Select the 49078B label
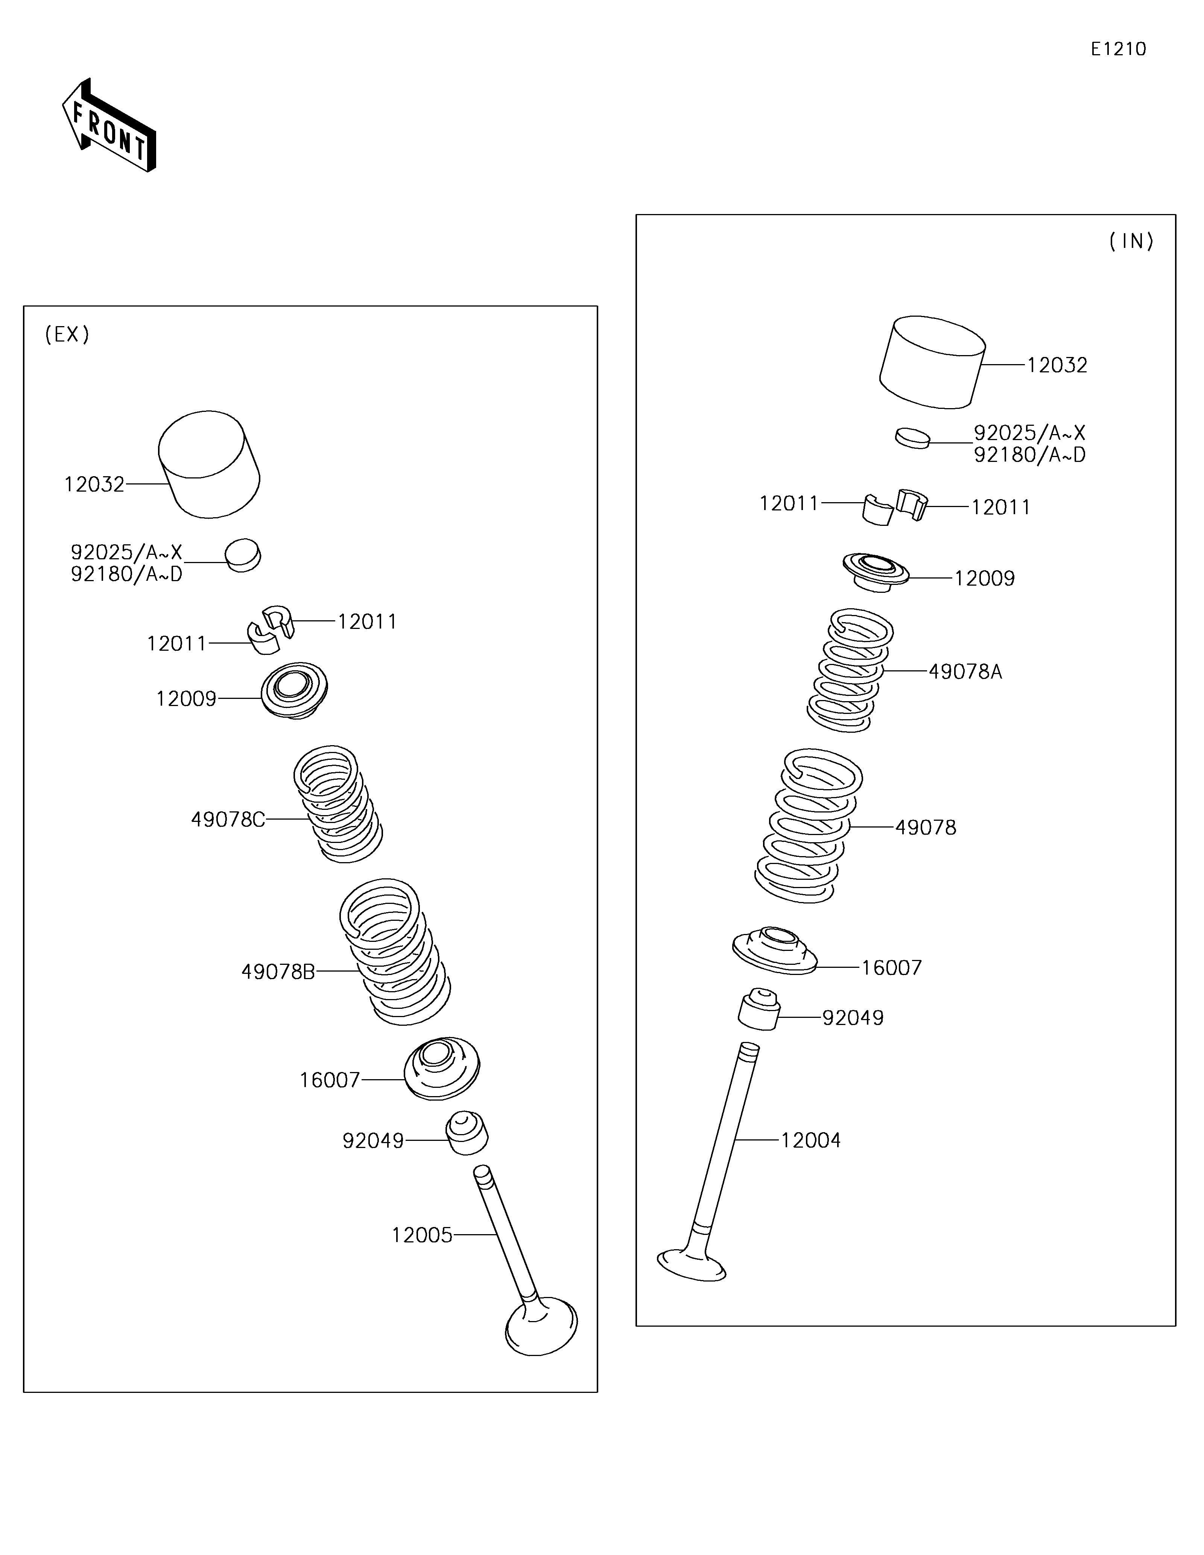278,972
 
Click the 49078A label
965,671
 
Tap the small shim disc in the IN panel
913,437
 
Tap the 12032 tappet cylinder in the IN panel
932,362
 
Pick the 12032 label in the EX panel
94,485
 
